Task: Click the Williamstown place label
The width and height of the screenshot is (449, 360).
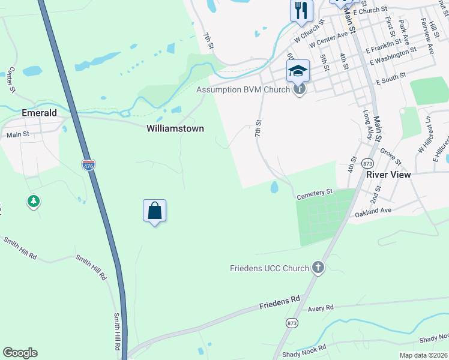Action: click(x=175, y=128)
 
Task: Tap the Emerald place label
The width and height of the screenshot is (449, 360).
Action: click(x=39, y=113)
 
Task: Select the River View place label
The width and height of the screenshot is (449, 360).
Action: click(x=388, y=175)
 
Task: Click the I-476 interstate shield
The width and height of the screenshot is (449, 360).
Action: click(x=89, y=164)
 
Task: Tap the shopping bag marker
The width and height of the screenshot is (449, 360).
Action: click(x=155, y=211)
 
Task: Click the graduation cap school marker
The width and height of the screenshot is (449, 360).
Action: click(x=298, y=71)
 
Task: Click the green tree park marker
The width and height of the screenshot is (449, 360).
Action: click(x=34, y=202)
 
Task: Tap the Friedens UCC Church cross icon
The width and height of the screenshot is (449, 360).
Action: click(x=318, y=268)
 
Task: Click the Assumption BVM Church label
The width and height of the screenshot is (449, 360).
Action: click(x=244, y=90)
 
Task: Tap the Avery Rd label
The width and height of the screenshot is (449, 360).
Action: click(x=321, y=308)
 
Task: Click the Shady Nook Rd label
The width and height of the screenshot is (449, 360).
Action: click(x=306, y=347)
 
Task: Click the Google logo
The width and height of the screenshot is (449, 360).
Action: click(x=20, y=353)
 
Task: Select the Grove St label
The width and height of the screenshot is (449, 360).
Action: click(x=391, y=155)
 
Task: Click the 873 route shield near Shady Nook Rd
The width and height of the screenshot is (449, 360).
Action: click(x=292, y=322)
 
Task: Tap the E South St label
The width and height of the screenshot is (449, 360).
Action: click(x=391, y=77)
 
